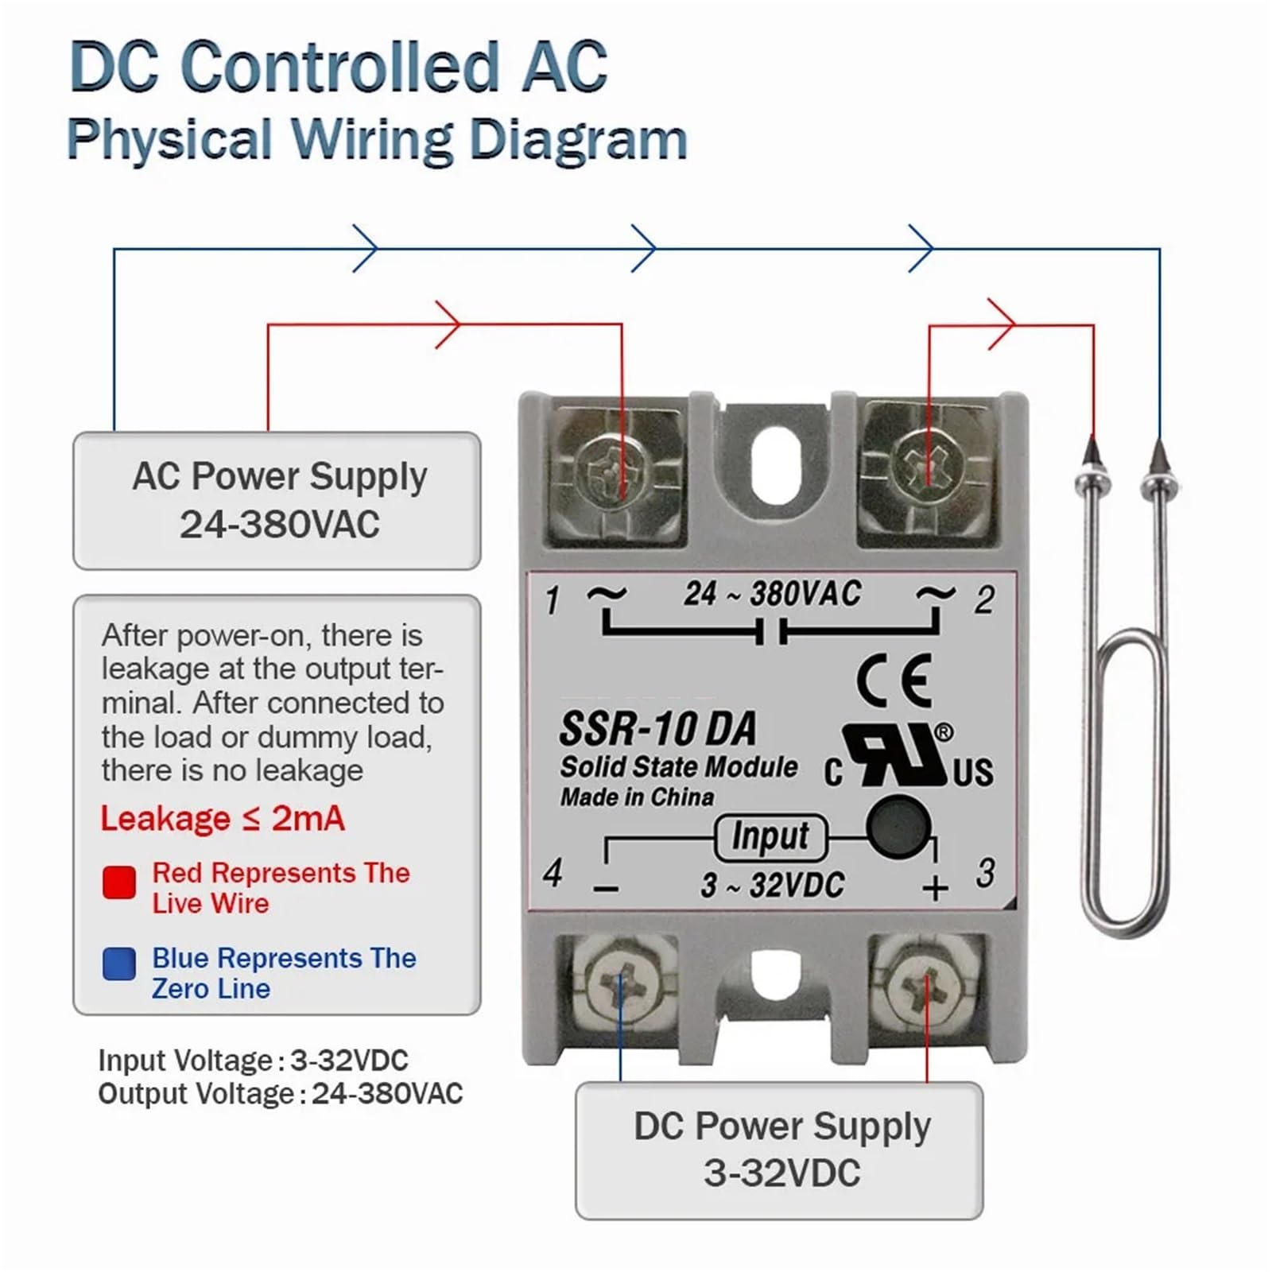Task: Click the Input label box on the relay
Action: coord(770,837)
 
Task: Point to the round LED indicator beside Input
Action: coord(898,828)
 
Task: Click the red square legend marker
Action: coord(119,882)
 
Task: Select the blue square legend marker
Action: coord(119,964)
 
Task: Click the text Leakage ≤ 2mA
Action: coord(223,819)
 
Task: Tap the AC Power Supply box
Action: coord(277,501)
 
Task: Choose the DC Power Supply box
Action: coord(779,1150)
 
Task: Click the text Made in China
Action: coord(637,797)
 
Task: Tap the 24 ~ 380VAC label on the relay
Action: coord(772,594)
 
